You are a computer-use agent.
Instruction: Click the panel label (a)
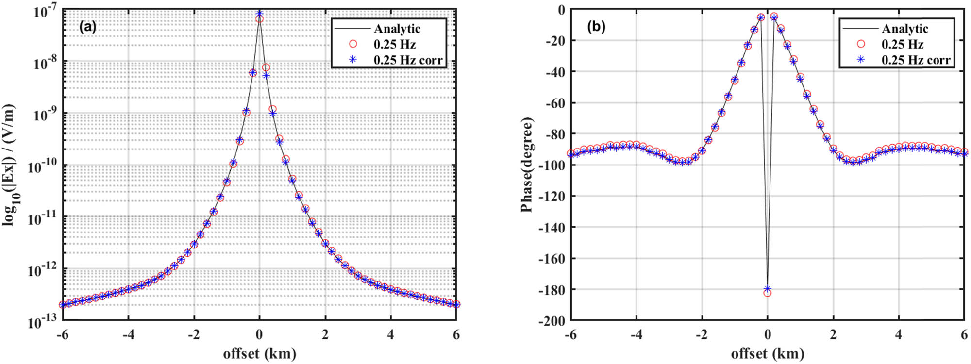tap(87, 27)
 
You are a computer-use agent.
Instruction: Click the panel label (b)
tap(596, 27)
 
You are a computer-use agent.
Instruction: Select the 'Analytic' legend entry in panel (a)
tap(397, 29)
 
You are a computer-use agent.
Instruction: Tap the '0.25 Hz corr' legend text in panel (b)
tap(916, 60)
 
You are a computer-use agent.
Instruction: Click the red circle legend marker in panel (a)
tap(353, 44)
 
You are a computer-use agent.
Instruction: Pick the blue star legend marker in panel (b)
tap(861, 60)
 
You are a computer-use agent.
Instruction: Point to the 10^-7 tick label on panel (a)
tap(45, 11)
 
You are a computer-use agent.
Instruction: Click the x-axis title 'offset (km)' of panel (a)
tap(259, 353)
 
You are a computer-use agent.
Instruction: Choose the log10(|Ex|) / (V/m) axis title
tap(10, 165)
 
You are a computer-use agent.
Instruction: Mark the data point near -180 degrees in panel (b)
tap(767, 291)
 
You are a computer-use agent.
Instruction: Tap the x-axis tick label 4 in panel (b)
tap(898, 334)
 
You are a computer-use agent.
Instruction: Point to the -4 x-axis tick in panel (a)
tap(128, 334)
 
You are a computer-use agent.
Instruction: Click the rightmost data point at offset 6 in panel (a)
tap(456, 304)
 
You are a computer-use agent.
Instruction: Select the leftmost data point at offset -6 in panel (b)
tap(571, 154)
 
